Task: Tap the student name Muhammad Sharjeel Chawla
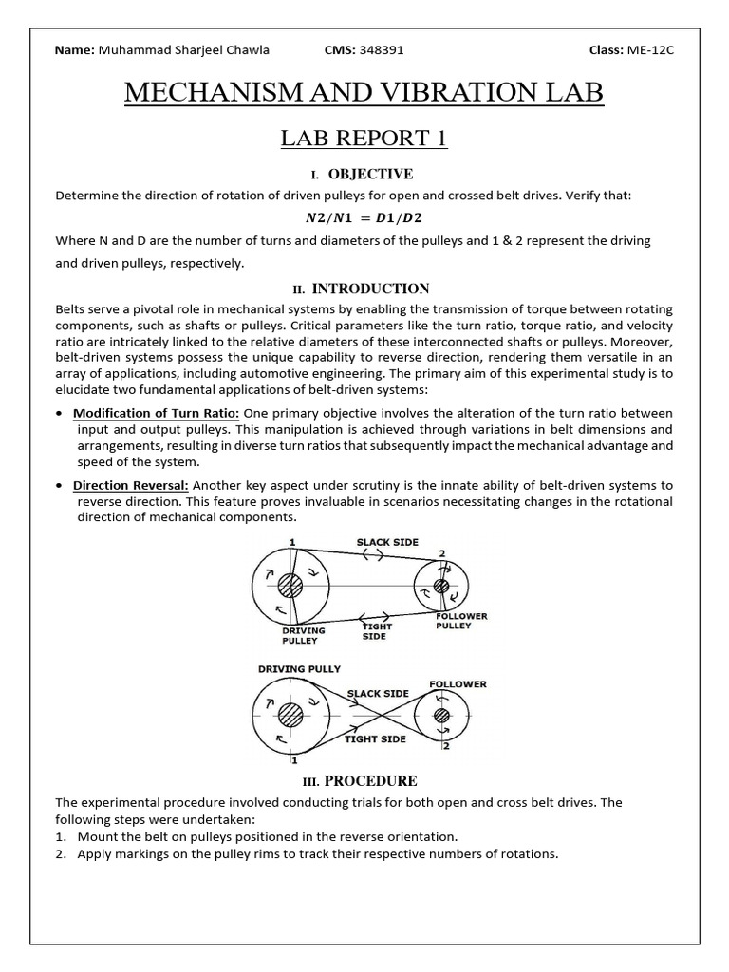[182, 49]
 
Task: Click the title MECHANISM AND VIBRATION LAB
[364, 94]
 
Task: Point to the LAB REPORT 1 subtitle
[364, 139]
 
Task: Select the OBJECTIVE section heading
[369, 174]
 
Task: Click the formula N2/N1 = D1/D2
[364, 218]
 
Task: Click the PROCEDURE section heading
[370, 781]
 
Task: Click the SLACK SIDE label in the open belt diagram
[387, 542]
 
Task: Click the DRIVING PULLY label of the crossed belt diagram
[299, 669]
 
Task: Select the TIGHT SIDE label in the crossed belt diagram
[375, 738]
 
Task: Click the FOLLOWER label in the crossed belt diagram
[458, 683]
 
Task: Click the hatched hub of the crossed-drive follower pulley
[443, 717]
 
